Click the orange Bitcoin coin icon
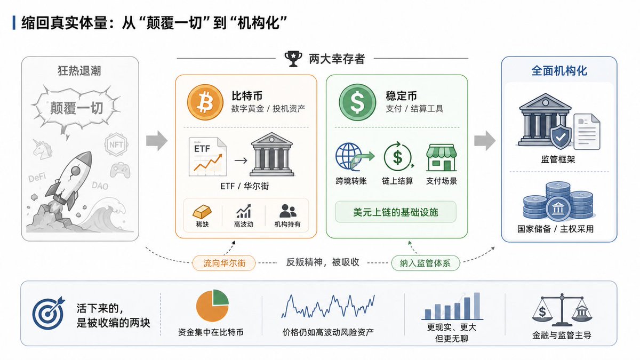[x=205, y=102]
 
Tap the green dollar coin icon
[x=357, y=102]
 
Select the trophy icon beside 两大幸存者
[x=293, y=59]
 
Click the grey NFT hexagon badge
[x=116, y=145]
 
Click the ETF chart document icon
[x=207, y=157]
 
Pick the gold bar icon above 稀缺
[x=202, y=212]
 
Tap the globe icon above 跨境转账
[x=350, y=157]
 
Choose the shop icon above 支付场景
[x=441, y=157]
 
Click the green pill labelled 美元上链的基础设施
[x=395, y=212]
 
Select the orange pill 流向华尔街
[x=224, y=263]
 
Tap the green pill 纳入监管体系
[x=426, y=263]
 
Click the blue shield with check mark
[x=561, y=137]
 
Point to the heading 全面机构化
[x=559, y=71]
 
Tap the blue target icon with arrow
[x=49, y=314]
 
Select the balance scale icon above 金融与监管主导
[x=562, y=310]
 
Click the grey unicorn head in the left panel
[x=43, y=149]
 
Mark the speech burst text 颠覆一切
[x=76, y=108]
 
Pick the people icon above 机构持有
[x=287, y=211]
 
